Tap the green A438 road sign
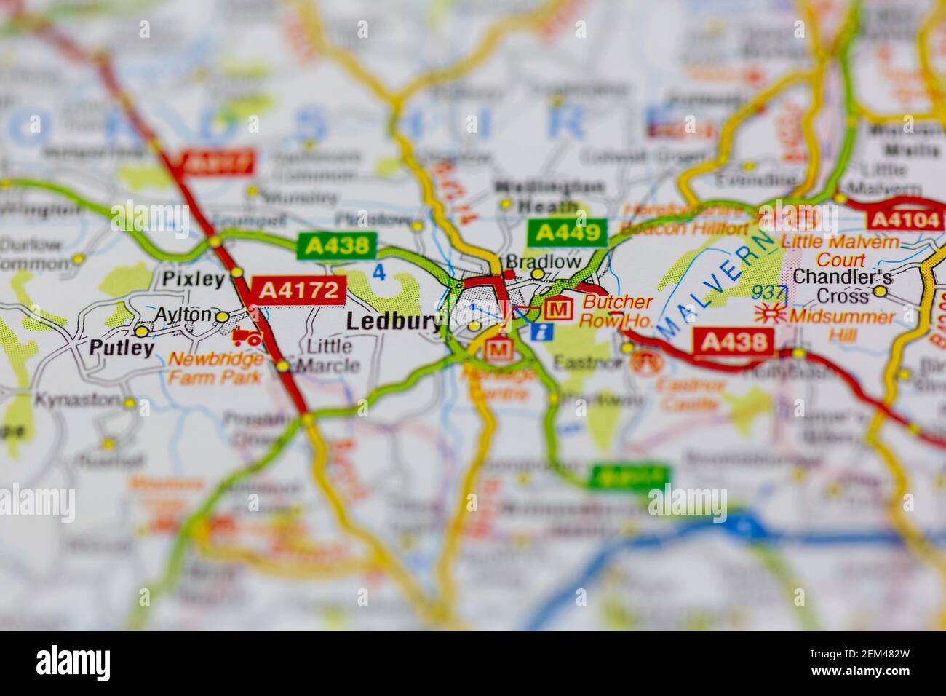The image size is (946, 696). tap(336, 245)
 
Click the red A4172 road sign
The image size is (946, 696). tap(297, 290)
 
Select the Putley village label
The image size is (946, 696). tap(122, 348)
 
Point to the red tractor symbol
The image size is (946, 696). tap(247, 336)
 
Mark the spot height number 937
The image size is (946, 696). tap(770, 293)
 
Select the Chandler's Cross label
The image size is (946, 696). tap(832, 285)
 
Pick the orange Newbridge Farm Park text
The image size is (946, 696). tap(215, 368)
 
